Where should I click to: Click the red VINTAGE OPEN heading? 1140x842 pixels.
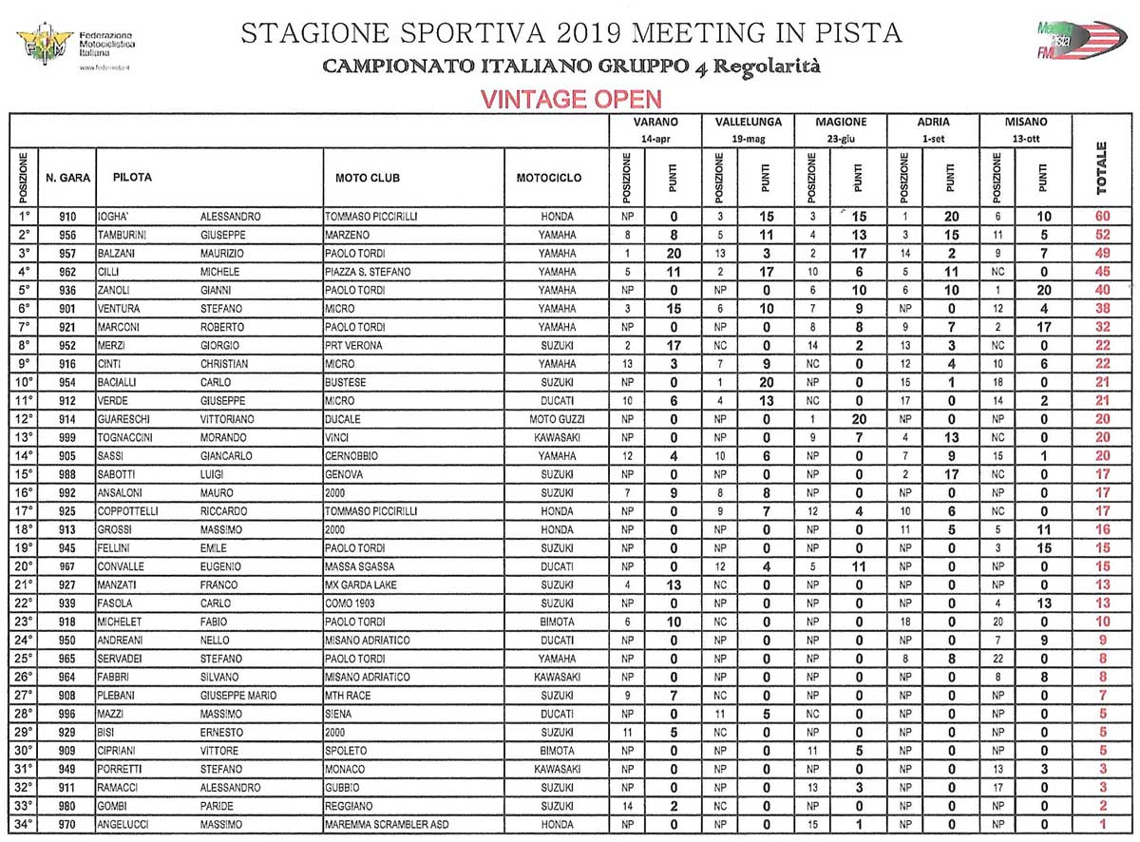tap(570, 100)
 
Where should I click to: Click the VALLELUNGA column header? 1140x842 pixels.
tap(748, 123)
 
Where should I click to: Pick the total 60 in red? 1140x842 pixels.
tap(1102, 217)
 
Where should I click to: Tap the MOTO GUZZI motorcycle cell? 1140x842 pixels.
tap(556, 418)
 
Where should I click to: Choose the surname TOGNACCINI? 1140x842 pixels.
tap(129, 436)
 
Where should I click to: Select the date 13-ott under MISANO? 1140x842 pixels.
tap(1028, 139)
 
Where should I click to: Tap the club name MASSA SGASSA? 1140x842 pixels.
tap(361, 566)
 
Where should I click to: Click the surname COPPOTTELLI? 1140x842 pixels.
tap(131, 510)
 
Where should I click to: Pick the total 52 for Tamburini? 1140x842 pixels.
tap(1102, 235)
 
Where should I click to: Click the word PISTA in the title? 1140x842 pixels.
tap(853, 33)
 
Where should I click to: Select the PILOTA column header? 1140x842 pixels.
tap(132, 178)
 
